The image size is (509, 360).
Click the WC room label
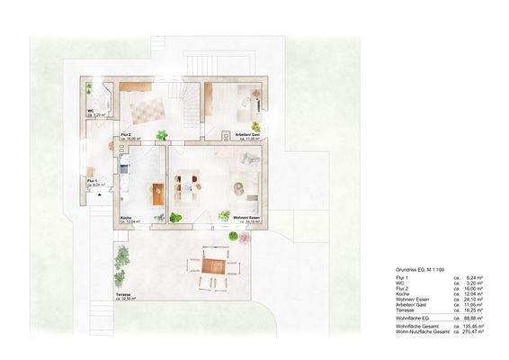tap(91, 112)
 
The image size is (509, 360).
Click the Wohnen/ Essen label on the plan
tap(247, 218)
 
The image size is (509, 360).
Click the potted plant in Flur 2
tap(162, 135)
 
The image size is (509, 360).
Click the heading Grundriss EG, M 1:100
tap(421, 270)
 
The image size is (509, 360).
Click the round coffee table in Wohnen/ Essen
tap(239, 187)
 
